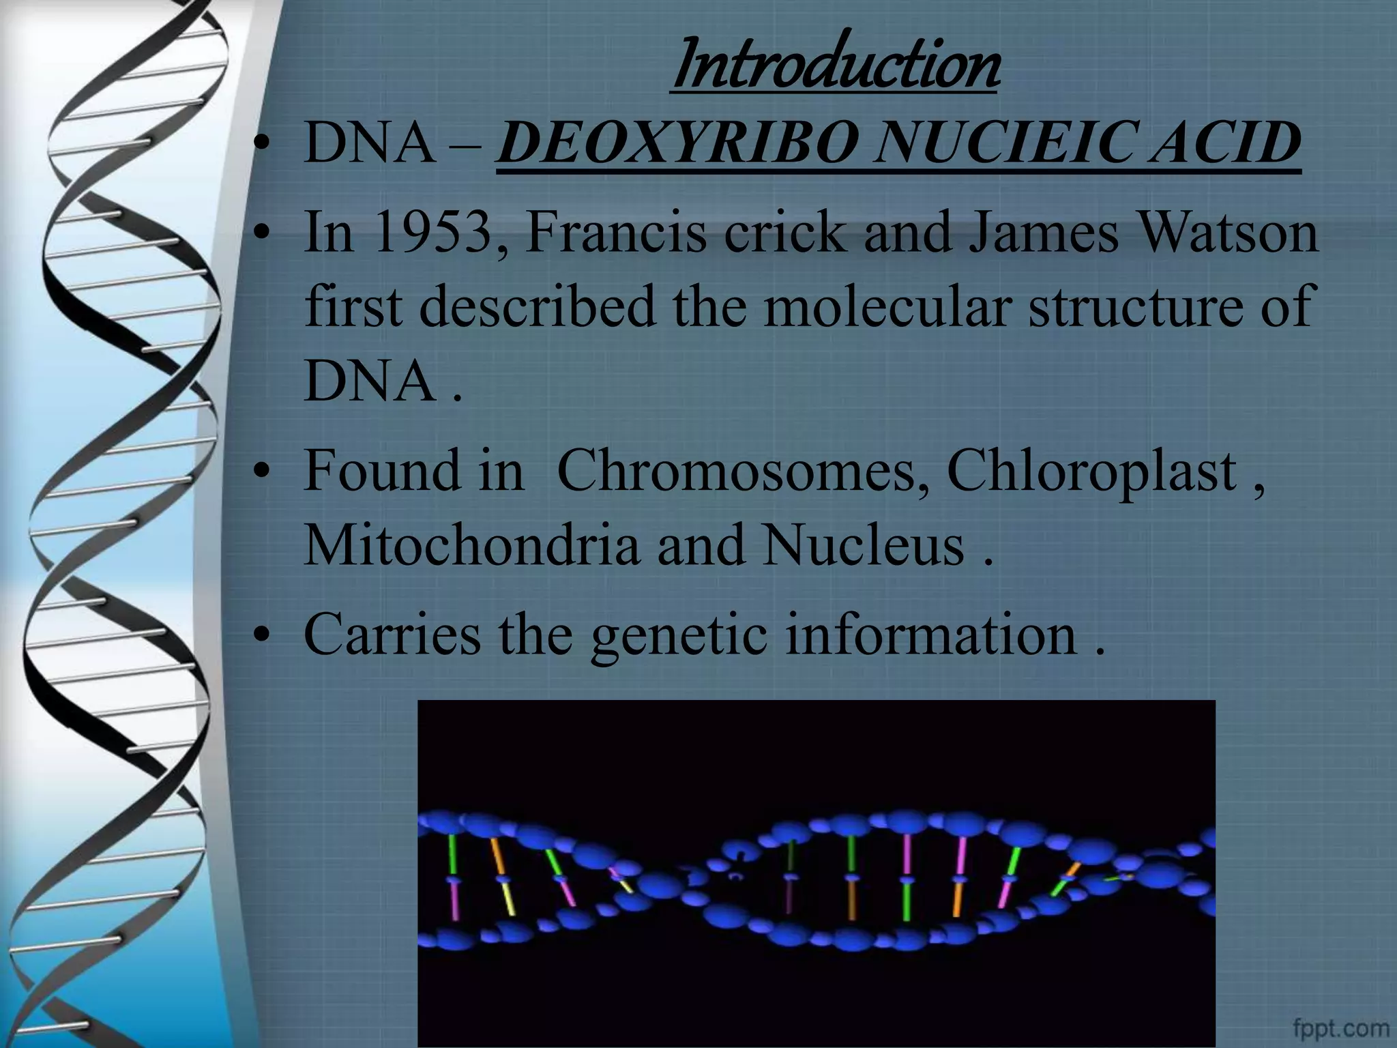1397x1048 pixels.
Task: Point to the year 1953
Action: click(x=433, y=232)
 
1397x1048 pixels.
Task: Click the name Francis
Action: click(x=616, y=232)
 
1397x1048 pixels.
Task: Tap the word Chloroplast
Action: click(x=1091, y=471)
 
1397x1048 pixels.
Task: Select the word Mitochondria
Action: click(x=471, y=546)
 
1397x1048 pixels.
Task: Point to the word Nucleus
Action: click(x=863, y=546)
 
